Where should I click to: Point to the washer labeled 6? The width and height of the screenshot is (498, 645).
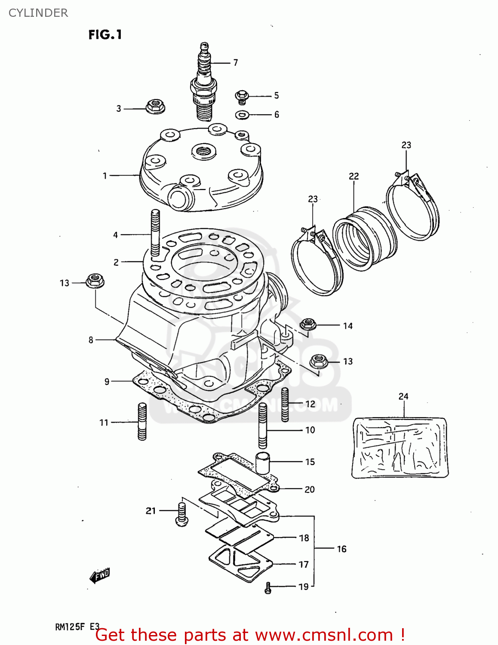pos(243,115)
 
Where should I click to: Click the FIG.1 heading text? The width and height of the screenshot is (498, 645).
pos(105,35)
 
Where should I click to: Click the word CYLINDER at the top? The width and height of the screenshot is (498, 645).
pos(38,13)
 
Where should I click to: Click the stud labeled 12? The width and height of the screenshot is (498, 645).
pos(285,404)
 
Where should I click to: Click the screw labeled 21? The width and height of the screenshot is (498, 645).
pos(182,514)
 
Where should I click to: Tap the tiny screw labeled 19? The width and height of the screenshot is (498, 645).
pos(268,588)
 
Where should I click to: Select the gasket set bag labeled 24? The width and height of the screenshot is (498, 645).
pos(400,447)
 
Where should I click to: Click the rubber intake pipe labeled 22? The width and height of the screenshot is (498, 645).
pos(365,239)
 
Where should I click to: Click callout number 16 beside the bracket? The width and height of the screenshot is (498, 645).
pos(341,549)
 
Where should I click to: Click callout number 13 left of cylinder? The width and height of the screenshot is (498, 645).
pos(65,283)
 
